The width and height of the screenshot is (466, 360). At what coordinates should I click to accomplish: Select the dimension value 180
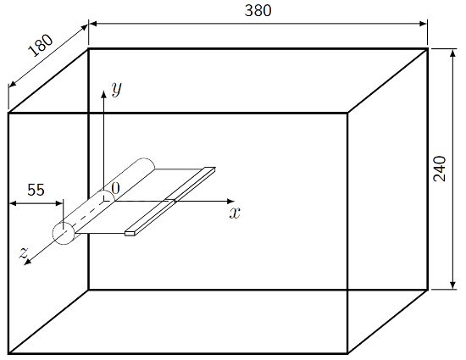(x=40, y=44)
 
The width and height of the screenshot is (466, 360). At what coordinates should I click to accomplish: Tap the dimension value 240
(x=440, y=169)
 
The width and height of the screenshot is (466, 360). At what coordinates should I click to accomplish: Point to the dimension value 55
(x=36, y=190)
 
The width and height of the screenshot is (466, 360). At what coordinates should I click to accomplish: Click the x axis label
(x=236, y=212)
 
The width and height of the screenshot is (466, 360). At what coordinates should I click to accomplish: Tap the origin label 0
(x=115, y=187)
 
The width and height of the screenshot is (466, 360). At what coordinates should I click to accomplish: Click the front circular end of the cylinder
(x=64, y=233)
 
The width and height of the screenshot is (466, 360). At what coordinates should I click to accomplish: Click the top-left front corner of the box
(x=8, y=113)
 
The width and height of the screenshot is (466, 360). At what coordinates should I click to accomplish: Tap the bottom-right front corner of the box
(x=347, y=352)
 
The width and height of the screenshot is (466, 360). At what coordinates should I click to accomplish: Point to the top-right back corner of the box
(x=427, y=48)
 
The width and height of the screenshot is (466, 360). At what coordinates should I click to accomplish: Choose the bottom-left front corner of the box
(x=8, y=352)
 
